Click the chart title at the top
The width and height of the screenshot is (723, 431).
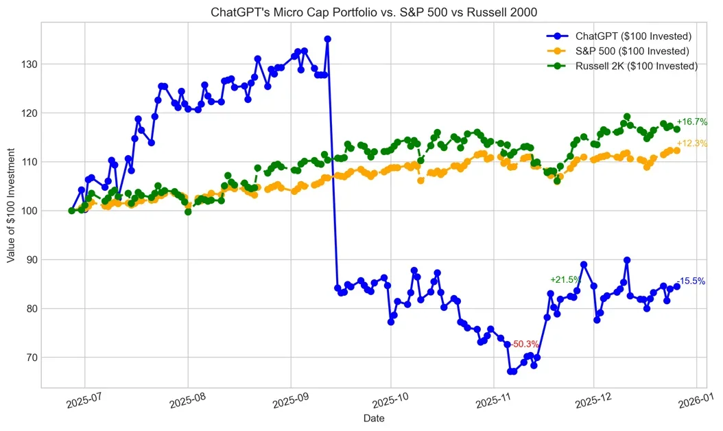374,12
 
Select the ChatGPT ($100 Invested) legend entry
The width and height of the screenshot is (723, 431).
619,36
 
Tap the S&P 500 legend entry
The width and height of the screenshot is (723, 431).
618,51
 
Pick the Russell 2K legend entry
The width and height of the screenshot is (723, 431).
622,66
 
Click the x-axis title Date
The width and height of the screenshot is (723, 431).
374,419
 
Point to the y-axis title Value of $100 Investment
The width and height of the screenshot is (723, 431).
11,205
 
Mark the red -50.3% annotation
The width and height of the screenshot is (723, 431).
525,345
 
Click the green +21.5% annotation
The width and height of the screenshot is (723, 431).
565,279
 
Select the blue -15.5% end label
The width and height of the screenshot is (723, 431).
691,281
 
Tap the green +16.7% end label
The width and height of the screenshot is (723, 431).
691,122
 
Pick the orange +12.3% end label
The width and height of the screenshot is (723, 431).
691,143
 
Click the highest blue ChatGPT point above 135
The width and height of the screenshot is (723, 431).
327,39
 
